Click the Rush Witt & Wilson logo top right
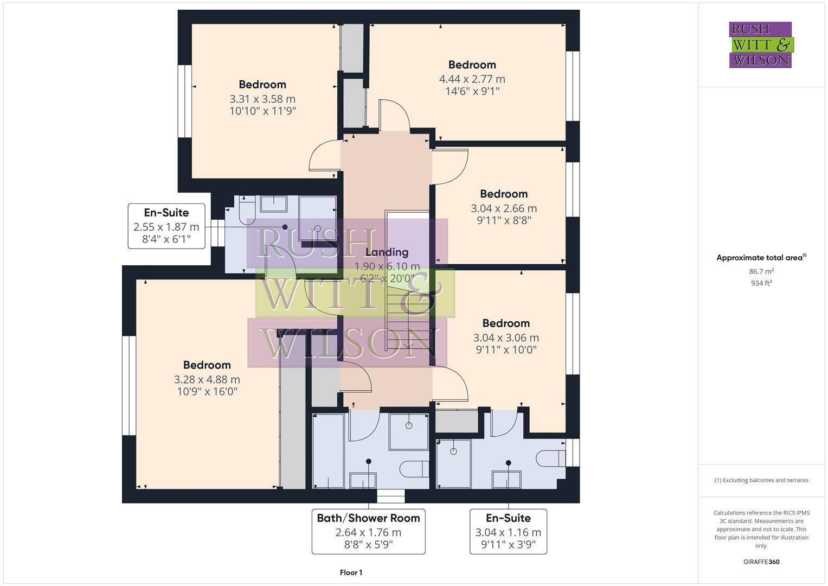click(x=760, y=44)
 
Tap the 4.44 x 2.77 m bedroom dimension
click(x=472, y=79)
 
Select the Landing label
click(x=387, y=252)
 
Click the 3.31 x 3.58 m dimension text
click(x=262, y=99)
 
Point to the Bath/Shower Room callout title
click(x=368, y=518)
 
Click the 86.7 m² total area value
click(x=761, y=271)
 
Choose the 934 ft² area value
click(x=761, y=283)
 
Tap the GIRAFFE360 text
click(x=761, y=562)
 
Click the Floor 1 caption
click(x=351, y=572)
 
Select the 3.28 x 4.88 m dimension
click(x=207, y=379)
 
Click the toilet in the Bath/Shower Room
click(x=414, y=469)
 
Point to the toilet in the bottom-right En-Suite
click(x=550, y=458)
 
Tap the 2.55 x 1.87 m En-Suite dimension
click(x=166, y=227)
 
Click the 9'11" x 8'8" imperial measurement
click(x=504, y=220)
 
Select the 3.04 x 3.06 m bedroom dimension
click(x=506, y=337)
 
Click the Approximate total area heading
click(x=761, y=258)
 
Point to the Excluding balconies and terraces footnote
click(x=761, y=480)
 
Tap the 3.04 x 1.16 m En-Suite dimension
click(x=508, y=532)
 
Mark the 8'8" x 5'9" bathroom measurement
click(x=368, y=544)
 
